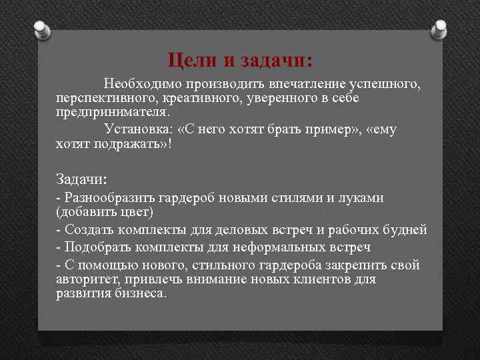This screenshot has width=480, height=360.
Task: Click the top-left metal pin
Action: click(41, 29)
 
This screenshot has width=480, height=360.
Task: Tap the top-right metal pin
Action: click(440, 29)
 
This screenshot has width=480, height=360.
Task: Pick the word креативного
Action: click(200, 99)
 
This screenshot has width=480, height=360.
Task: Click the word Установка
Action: click(136, 129)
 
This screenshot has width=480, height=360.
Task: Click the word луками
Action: click(361, 198)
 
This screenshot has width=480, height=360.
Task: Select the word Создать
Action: click(89, 231)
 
